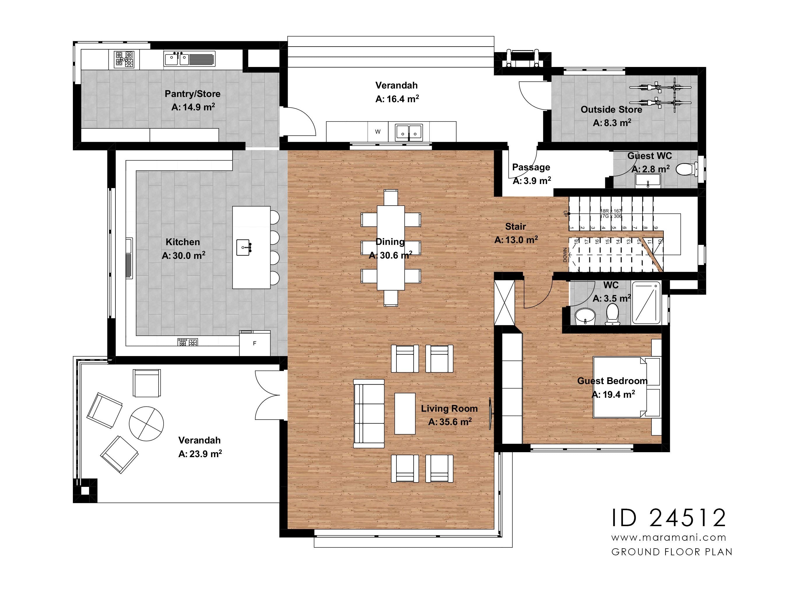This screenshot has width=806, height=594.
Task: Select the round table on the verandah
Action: [146, 424]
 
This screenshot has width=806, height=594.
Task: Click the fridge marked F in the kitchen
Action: [254, 343]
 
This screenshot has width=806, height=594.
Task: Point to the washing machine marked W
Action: [377, 132]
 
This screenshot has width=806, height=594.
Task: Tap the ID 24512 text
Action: [668, 518]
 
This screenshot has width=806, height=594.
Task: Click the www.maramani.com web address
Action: [668, 538]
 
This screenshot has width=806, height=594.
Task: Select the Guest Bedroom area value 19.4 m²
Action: [613, 395]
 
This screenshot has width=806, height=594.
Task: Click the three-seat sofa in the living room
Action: [369, 413]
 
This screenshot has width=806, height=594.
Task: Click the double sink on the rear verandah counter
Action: [409, 132]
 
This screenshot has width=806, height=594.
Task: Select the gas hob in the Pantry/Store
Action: [124, 59]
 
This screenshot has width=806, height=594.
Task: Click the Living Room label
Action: [449, 409]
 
